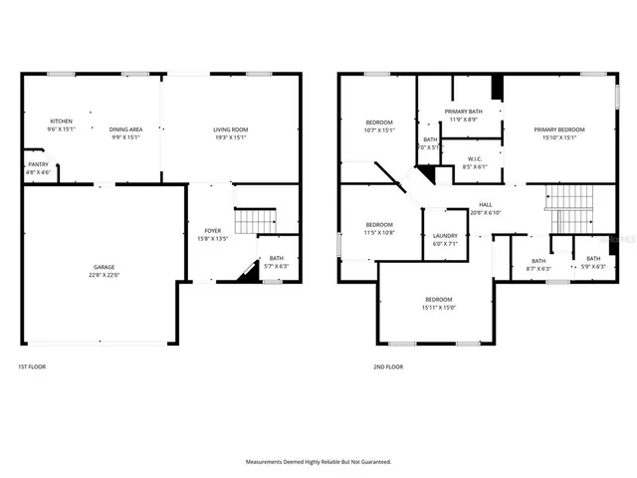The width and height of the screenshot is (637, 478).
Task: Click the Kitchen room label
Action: (x=61, y=122)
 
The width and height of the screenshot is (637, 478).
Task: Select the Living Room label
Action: (x=230, y=129)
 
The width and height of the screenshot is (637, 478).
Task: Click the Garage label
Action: (x=104, y=267)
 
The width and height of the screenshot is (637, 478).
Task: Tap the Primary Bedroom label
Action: (x=558, y=129)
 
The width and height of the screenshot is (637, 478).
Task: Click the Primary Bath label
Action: (x=463, y=112)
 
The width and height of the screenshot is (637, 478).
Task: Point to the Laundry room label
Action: (x=445, y=236)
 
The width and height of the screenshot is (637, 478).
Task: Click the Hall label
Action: (x=485, y=204)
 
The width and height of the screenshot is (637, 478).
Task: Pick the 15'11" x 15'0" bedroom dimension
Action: (x=439, y=308)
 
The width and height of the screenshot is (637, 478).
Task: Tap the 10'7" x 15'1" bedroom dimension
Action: (x=379, y=129)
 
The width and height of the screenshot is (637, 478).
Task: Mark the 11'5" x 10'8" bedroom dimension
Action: (x=378, y=232)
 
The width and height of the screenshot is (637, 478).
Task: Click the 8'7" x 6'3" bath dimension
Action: (x=537, y=268)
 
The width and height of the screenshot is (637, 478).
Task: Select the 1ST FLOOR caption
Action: (x=32, y=366)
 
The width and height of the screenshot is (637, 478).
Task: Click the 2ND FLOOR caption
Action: (x=388, y=366)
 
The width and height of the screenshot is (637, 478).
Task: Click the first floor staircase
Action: (x=254, y=218)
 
